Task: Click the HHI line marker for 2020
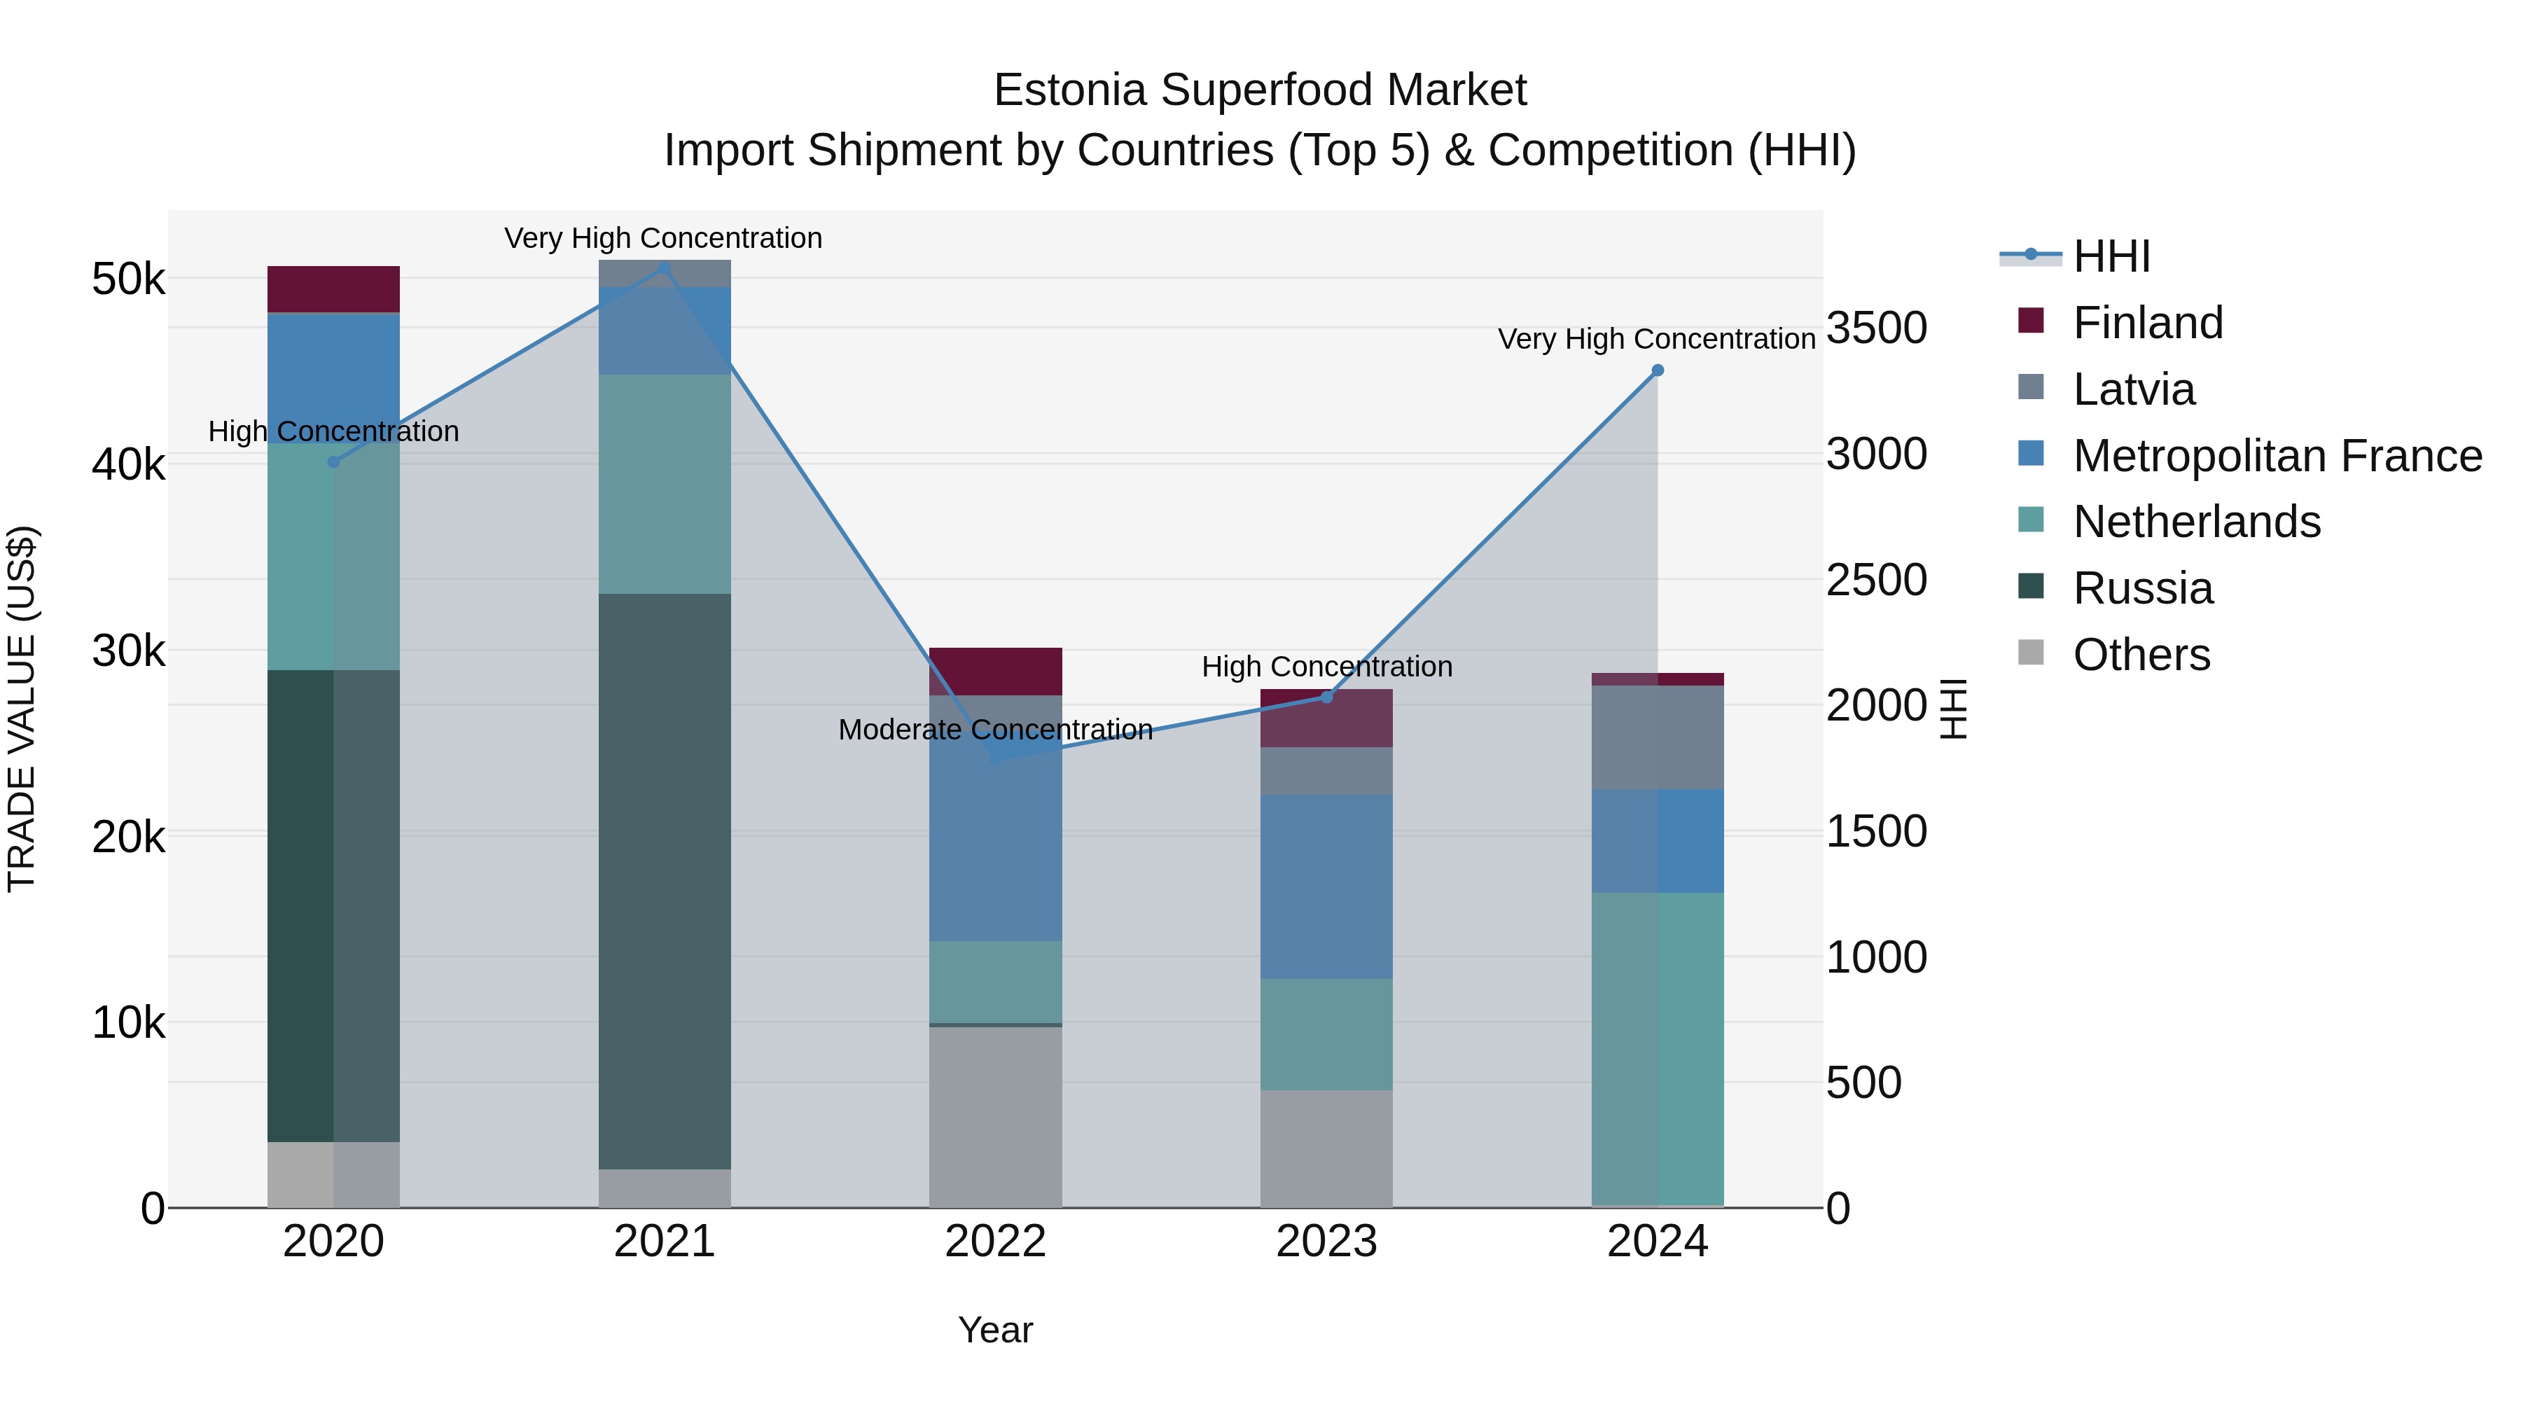tap(334, 462)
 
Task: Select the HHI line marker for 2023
tap(1326, 697)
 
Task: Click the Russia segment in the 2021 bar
tap(665, 881)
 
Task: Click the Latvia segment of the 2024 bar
tap(1657, 737)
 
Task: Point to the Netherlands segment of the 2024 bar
tap(1657, 1047)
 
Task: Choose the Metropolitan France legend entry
tap(2277, 456)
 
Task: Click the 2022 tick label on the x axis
tap(995, 1242)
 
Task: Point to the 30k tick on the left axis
tap(128, 651)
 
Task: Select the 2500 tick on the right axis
tap(1876, 579)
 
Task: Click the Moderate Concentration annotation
tap(995, 730)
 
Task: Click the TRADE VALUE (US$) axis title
tap(22, 709)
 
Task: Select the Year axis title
tap(995, 1330)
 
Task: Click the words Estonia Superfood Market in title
tap(1260, 90)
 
